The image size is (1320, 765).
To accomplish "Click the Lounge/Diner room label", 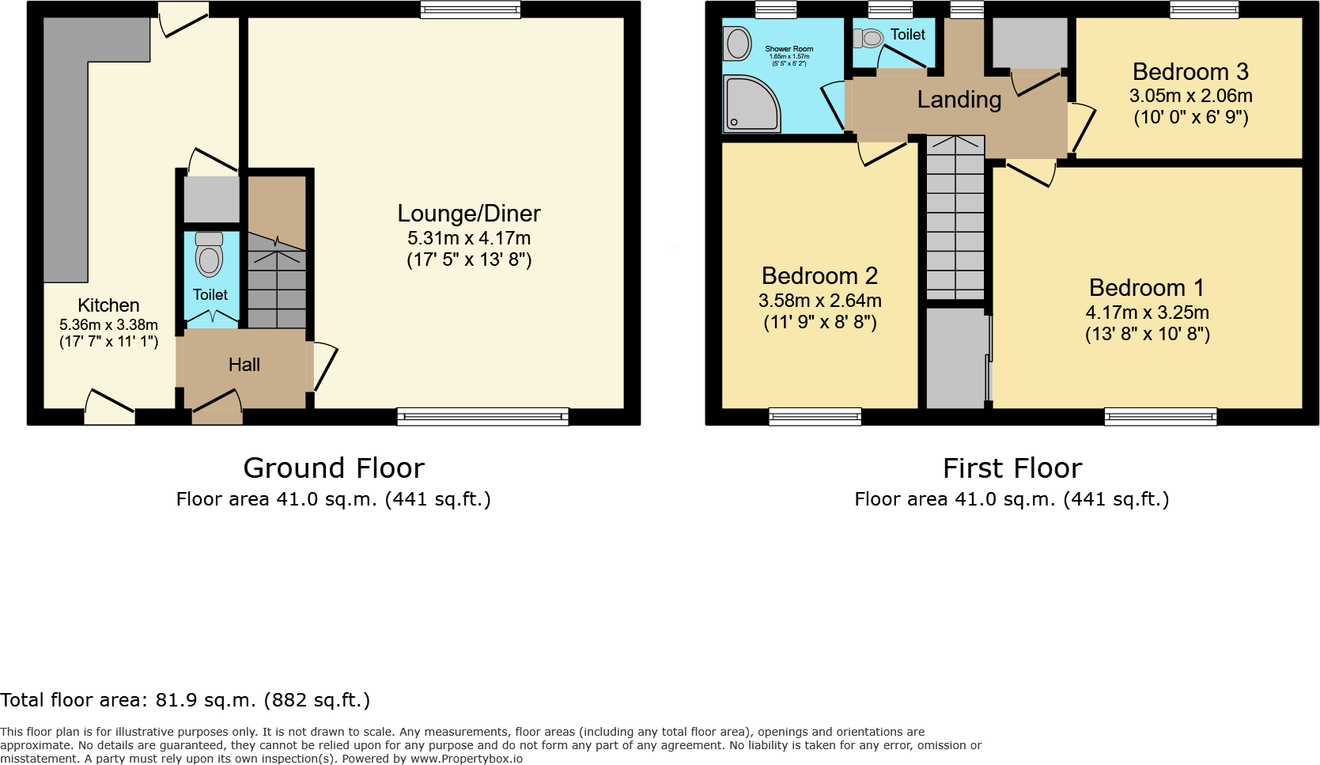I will pos(468,214).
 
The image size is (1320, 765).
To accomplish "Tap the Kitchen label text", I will pos(108,305).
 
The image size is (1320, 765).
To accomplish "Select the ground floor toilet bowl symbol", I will pos(209,256).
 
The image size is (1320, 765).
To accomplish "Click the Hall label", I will pos(244,365).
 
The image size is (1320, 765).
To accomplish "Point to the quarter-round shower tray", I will pos(750,104).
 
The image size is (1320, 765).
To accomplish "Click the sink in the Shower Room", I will pos(738,44).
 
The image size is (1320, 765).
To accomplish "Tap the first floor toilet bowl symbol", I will pos(869,38).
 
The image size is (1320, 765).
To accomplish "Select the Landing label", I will pos(959,100).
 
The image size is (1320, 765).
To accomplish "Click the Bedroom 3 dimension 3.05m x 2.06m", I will pos(1190,96).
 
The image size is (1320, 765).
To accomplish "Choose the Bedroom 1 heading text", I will pos(1146,287).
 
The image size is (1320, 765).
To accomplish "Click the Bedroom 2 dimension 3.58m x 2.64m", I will pos(819,301).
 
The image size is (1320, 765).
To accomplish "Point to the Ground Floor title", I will pos(334,468).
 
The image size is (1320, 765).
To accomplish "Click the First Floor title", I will pos(1012,468).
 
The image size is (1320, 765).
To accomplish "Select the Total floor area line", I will pos(185,700).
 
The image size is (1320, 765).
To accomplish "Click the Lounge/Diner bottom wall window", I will pos(482,416).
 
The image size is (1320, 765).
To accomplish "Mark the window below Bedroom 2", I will pos(815,416).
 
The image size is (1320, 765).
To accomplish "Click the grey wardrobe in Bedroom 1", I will pos(955,358).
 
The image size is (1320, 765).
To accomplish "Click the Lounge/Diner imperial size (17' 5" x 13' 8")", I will pos(468,259).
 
